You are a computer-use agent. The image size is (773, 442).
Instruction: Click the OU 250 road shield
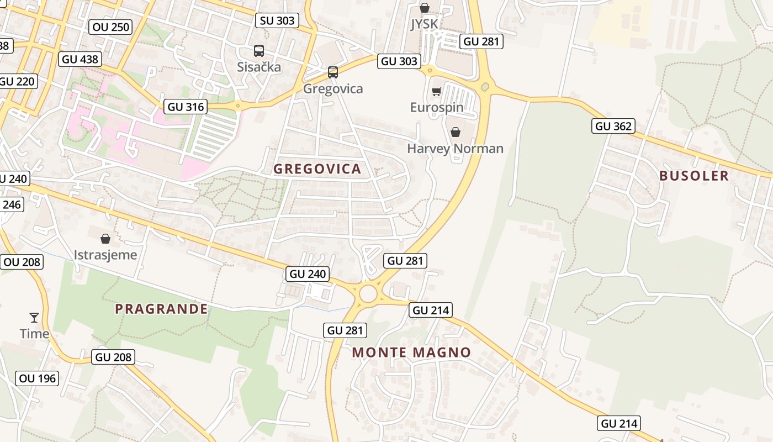110,27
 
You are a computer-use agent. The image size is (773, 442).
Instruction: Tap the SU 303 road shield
278,21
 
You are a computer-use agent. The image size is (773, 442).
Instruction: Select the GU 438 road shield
80,59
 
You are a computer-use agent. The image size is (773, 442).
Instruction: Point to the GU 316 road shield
186,107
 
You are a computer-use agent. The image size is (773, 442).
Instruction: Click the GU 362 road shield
613,126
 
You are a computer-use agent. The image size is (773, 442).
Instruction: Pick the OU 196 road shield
38,378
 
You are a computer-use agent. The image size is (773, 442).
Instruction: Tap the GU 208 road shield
114,357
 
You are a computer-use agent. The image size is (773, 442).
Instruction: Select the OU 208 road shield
22,262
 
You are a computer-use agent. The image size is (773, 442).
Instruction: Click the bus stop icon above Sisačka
259,51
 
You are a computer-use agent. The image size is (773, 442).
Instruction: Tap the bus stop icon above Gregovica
332,72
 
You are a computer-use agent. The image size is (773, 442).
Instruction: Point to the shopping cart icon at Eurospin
437,91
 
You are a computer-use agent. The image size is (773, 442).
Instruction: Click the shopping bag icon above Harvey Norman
456,132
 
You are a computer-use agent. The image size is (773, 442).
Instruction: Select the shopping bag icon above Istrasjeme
105,239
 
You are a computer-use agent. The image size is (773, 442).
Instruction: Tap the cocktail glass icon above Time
34,317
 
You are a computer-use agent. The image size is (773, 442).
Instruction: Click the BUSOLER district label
694,176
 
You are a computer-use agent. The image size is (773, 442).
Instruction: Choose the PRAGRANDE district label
161,309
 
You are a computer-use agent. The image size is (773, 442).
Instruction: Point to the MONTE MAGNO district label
411,352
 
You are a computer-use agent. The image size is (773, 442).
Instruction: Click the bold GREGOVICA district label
317,169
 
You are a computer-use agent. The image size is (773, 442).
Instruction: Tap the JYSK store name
424,24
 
